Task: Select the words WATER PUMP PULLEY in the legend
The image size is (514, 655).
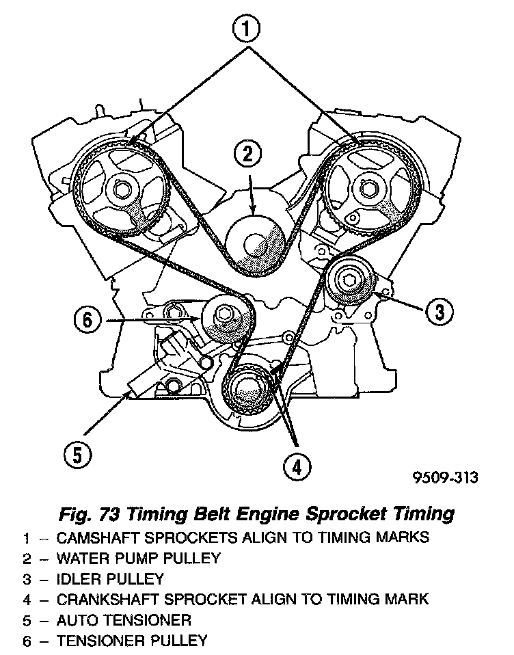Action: pos(139,558)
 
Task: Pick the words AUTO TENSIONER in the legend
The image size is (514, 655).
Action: pos(124,620)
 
